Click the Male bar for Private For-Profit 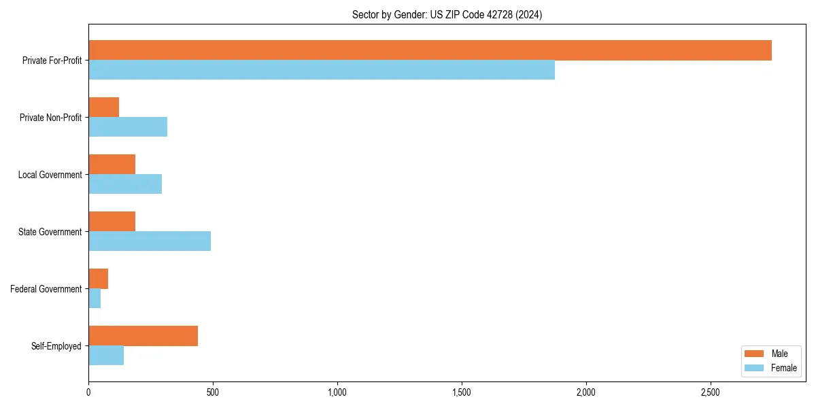pyautogui.click(x=430, y=50)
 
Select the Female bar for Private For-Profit pyautogui.click(x=322, y=70)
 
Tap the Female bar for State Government pyautogui.click(x=150, y=241)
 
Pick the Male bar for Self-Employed pyautogui.click(x=143, y=336)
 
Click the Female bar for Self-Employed pyautogui.click(x=106, y=356)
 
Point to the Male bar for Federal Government pyautogui.click(x=98, y=279)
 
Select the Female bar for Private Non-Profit pyautogui.click(x=128, y=127)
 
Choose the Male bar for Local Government pyautogui.click(x=112, y=165)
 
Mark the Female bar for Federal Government pyautogui.click(x=95, y=299)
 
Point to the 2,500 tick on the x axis pyautogui.click(x=710, y=392)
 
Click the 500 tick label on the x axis pyautogui.click(x=212, y=392)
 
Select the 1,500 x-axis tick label pyautogui.click(x=461, y=392)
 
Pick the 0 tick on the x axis pyautogui.click(x=88, y=392)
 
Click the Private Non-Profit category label pyautogui.click(x=50, y=118)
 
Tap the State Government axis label pyautogui.click(x=50, y=232)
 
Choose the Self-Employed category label pyautogui.click(x=56, y=346)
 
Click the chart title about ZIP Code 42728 pyautogui.click(x=447, y=14)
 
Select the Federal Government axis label pyautogui.click(x=46, y=289)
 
